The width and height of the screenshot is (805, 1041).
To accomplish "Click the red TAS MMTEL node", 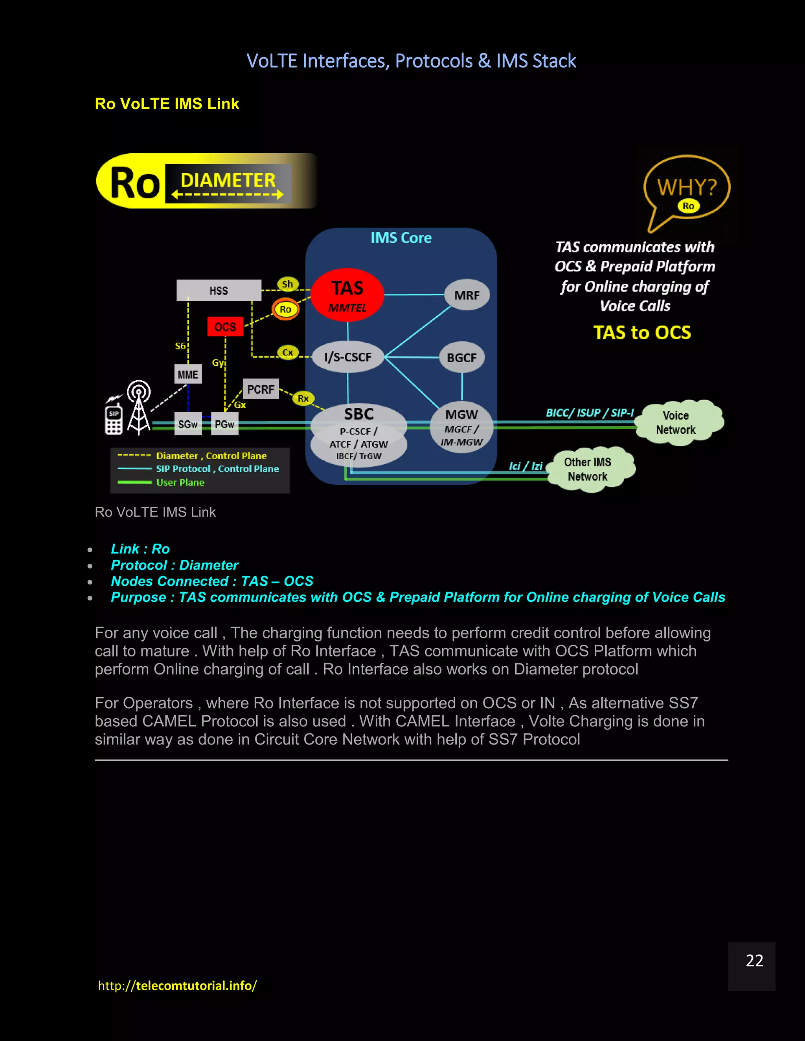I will tap(347, 295).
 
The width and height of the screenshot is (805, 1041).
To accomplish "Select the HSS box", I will tap(219, 290).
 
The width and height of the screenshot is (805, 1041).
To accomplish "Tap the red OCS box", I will tap(225, 326).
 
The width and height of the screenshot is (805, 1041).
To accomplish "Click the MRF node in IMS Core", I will tap(467, 295).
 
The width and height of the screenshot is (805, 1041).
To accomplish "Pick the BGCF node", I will tap(461, 357).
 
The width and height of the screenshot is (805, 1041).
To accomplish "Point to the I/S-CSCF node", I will tap(347, 357).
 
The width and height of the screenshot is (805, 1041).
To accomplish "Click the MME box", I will tap(188, 374).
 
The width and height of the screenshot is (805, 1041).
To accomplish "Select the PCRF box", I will tap(260, 389).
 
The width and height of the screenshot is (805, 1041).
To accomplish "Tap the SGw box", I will tap(188, 424).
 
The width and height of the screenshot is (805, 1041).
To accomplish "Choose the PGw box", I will tap(224, 424).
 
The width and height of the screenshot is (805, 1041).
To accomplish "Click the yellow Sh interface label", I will tap(288, 284).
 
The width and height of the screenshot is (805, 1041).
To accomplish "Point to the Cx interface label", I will tap(288, 353).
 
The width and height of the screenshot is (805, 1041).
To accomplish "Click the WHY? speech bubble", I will tap(687, 188).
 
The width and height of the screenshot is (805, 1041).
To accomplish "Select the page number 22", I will tap(754, 960).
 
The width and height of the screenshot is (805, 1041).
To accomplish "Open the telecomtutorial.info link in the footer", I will tap(177, 985).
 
